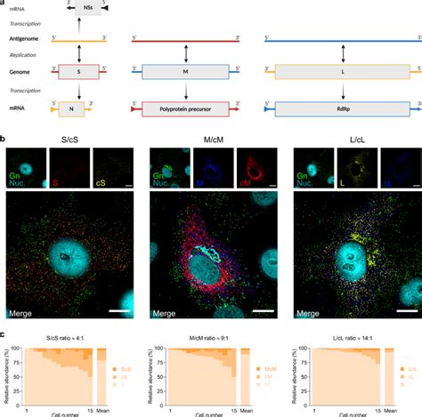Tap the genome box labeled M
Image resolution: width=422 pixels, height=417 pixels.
coord(185,72)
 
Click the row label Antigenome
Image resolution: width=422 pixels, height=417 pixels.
coord(29,39)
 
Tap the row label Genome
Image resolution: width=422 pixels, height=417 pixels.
coord(26,72)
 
